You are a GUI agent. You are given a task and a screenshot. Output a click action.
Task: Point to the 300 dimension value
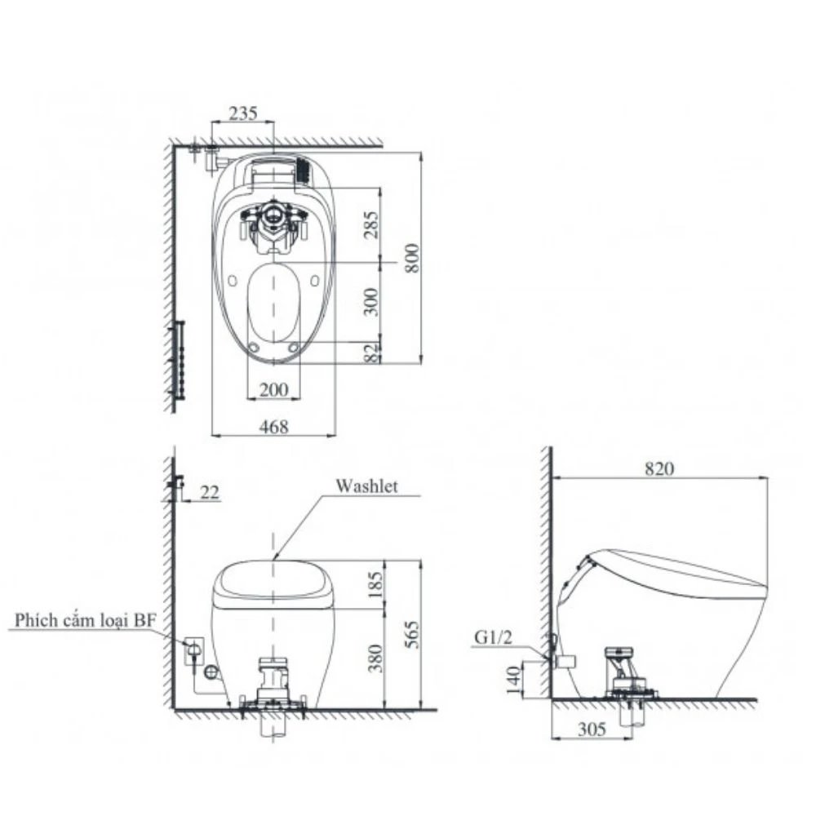tap(372, 302)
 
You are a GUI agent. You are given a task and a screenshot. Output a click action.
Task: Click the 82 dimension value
tap(372, 352)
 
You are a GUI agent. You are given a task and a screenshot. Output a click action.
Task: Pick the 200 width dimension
tap(273, 390)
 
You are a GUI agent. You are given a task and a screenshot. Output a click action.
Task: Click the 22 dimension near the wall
tap(210, 491)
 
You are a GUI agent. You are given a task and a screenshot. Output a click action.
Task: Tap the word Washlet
tap(366, 486)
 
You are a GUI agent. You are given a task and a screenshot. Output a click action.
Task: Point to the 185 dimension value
tap(373, 584)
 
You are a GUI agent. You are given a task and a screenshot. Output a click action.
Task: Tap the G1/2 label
tap(493, 636)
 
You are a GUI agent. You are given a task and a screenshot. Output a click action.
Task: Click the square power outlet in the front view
tap(194, 650)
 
